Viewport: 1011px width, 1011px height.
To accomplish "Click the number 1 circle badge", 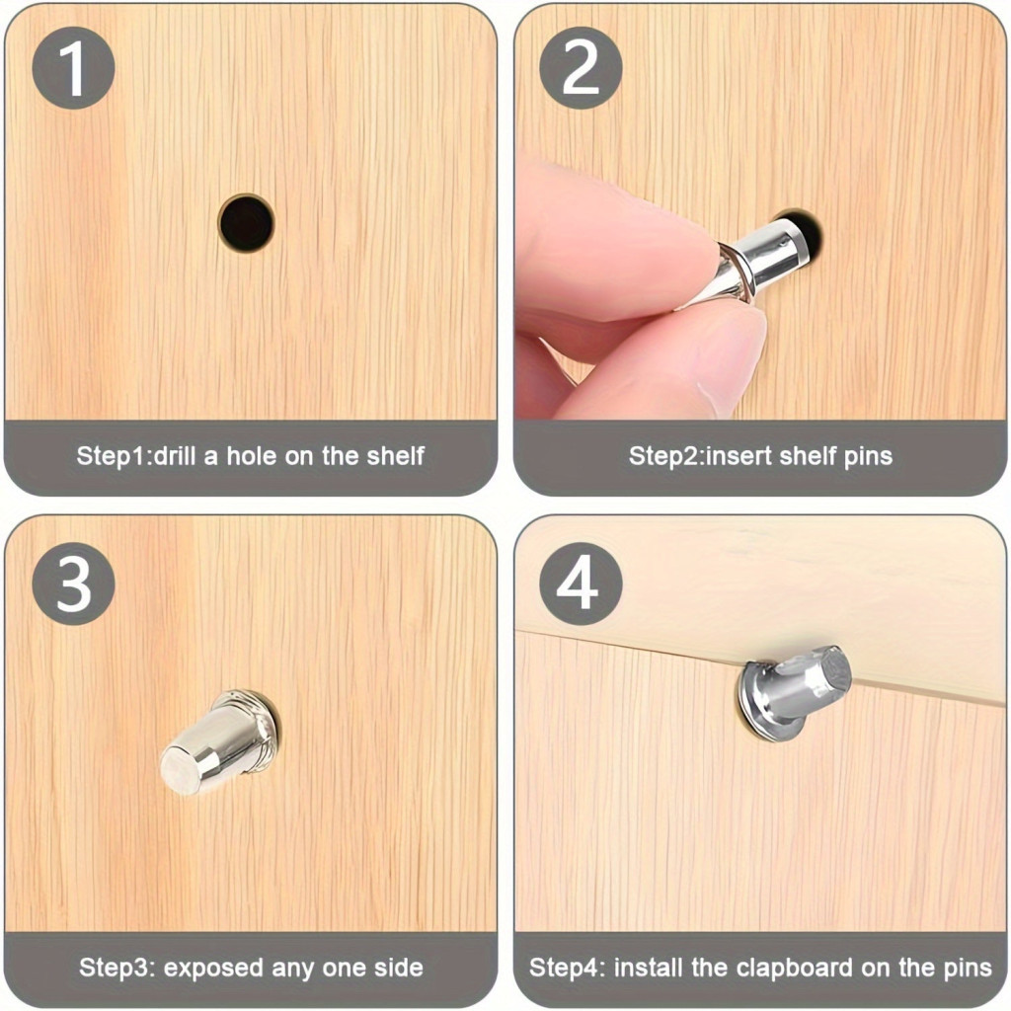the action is pyautogui.click(x=73, y=68).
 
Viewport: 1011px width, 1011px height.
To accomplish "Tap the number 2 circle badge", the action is pyautogui.click(x=581, y=68).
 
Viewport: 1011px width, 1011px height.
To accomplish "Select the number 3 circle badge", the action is pyautogui.click(x=73, y=583).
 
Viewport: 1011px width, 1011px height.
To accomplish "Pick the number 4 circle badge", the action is pyautogui.click(x=581, y=583).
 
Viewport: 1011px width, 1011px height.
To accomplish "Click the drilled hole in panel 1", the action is pyautogui.click(x=246, y=223).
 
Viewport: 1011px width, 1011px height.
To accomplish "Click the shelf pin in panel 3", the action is pyautogui.click(x=220, y=740).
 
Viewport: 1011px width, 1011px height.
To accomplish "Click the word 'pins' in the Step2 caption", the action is pyautogui.click(x=868, y=456).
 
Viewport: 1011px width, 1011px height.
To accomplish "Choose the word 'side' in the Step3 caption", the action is pyautogui.click(x=399, y=968).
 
